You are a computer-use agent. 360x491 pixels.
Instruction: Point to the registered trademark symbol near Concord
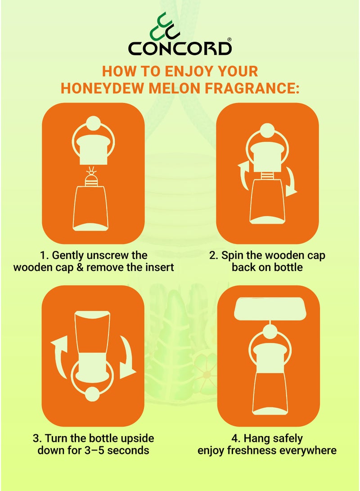pyautogui.click(x=229, y=40)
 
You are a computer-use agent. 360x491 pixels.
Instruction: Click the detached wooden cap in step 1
pyautogui.click(x=93, y=151)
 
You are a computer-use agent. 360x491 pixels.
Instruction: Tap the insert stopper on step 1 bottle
pyautogui.click(x=93, y=178)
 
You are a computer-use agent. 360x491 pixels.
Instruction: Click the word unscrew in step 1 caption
pyautogui.click(x=98, y=255)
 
